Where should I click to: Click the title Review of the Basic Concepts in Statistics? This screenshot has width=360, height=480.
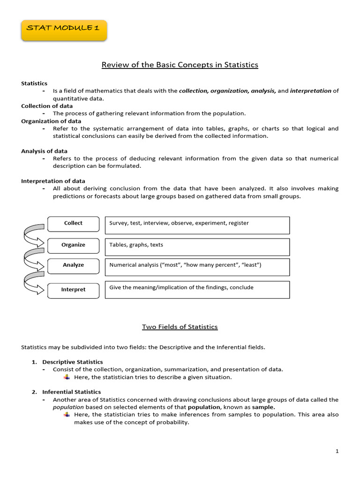180,65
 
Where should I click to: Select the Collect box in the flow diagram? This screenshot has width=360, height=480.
73,224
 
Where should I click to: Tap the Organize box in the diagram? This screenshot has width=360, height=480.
73,245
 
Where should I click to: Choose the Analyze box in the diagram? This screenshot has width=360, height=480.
73,265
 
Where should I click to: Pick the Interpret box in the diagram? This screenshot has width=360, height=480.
73,290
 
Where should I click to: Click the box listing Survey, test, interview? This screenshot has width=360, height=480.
197,225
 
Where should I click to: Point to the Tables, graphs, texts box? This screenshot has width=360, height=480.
197,247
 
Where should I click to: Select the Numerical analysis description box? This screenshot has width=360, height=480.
197,267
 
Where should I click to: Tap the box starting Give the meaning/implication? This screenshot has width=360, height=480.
197,289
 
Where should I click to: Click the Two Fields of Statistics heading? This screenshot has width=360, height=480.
180,327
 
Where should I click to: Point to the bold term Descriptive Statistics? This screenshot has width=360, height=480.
73,362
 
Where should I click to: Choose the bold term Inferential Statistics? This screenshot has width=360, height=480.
72,392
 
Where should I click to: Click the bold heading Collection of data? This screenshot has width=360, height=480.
47,106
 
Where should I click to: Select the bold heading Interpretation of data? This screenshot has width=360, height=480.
53,181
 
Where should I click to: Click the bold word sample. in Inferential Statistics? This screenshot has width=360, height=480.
264,407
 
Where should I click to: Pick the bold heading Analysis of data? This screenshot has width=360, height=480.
44,151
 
